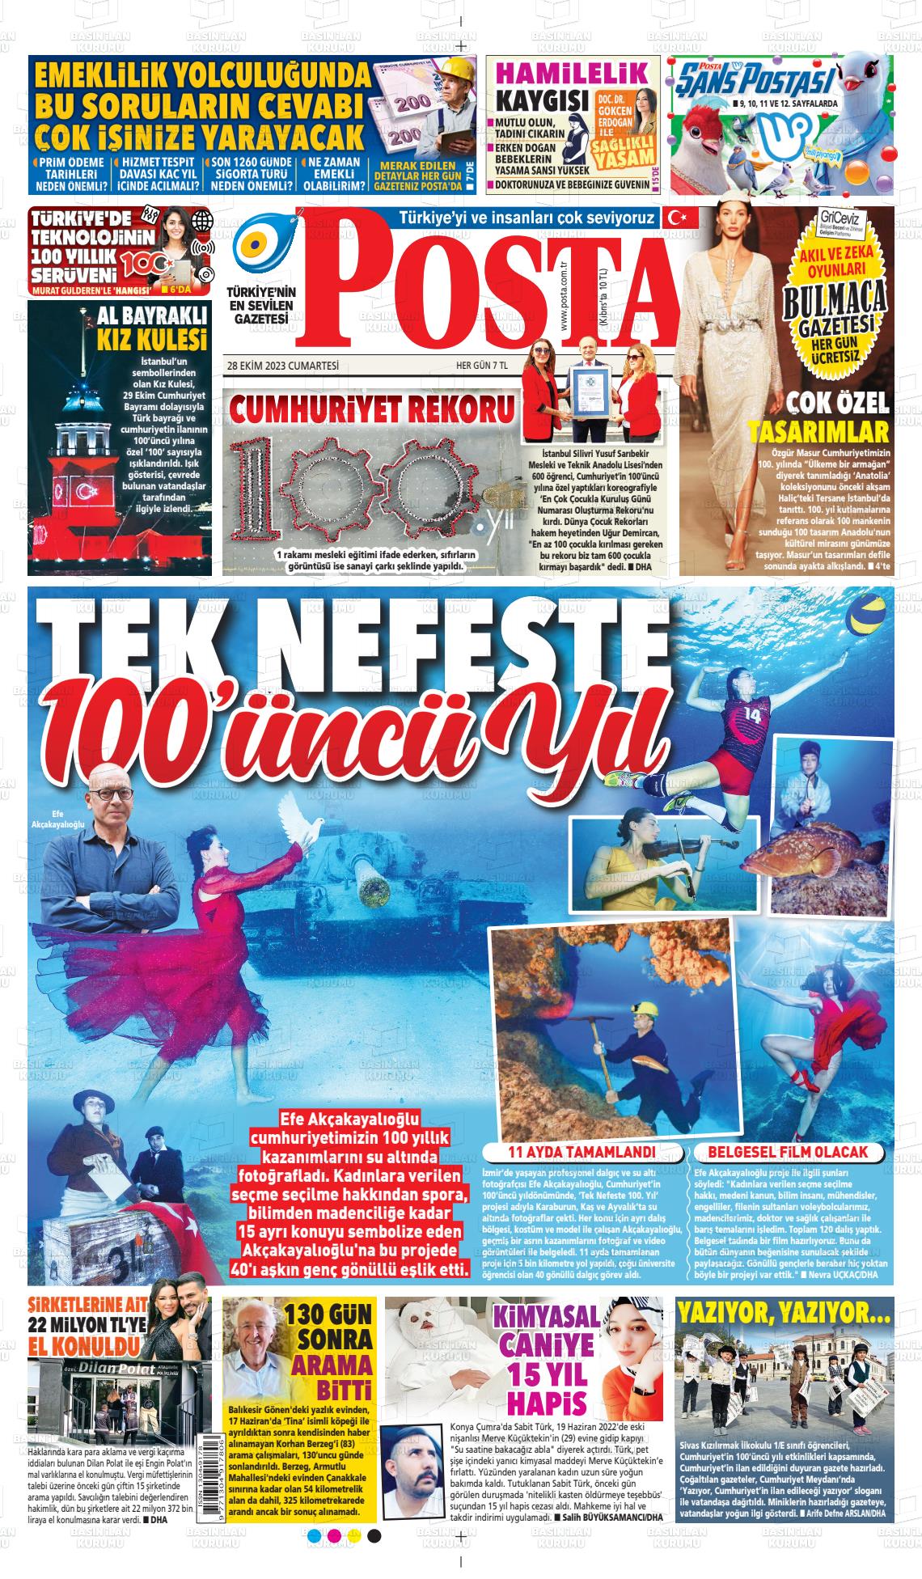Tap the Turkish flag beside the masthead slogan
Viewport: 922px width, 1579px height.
[x=672, y=217]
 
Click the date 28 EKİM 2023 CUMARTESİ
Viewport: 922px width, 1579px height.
[x=282, y=366]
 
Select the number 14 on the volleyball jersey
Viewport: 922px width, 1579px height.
[x=752, y=715]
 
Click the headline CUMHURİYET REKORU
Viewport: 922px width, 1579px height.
[x=372, y=410]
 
